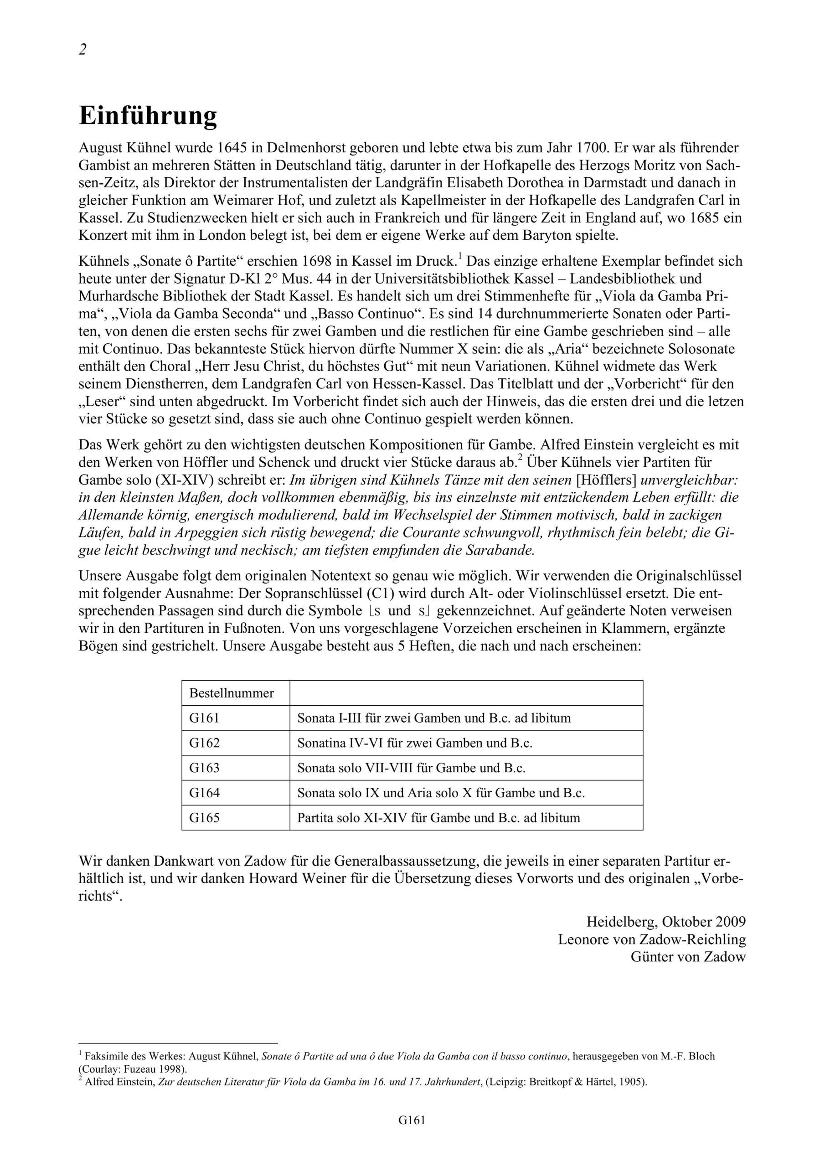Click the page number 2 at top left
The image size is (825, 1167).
tap(82, 49)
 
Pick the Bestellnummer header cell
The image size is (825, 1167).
tap(231, 693)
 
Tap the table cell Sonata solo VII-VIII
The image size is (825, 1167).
tap(411, 768)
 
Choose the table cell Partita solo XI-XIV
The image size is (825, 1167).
tap(438, 818)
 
